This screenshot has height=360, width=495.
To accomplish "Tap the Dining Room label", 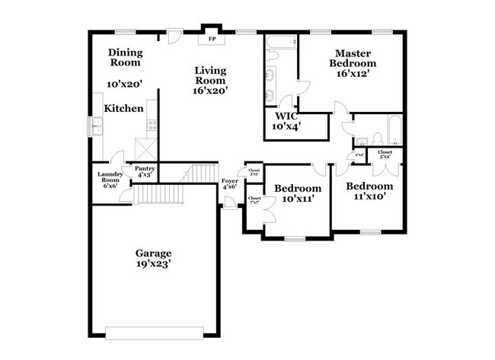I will click(x=124, y=58).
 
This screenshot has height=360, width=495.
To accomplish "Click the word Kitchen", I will click(x=124, y=109).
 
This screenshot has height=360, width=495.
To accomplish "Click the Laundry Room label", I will click(x=105, y=180).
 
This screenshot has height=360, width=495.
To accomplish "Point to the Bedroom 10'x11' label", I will click(x=298, y=193).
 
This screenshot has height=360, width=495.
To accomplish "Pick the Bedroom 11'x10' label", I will click(x=369, y=190).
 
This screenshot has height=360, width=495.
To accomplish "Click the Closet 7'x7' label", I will click(x=254, y=201).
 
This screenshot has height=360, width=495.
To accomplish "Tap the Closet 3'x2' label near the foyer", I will click(x=254, y=172).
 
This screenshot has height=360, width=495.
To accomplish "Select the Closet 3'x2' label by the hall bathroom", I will click(x=385, y=155).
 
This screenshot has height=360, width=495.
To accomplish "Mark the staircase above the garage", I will click(x=200, y=174).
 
